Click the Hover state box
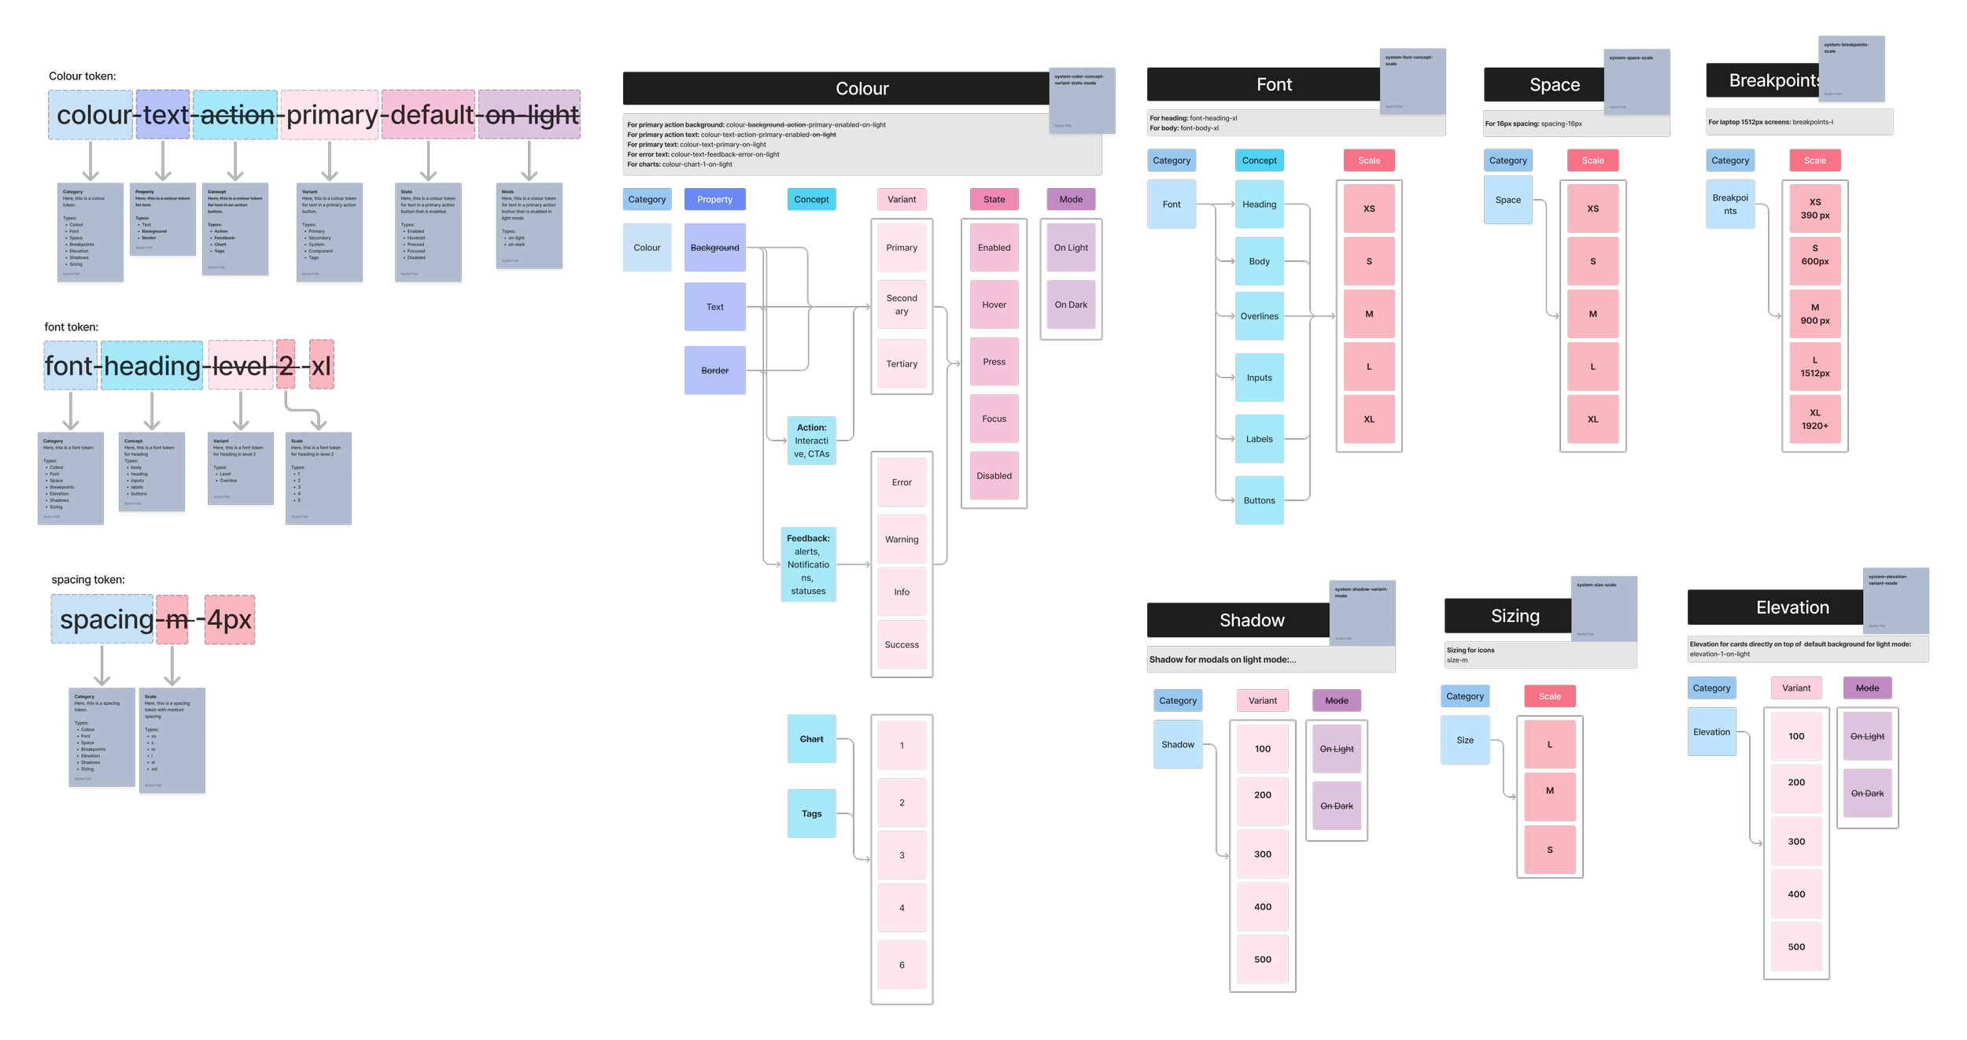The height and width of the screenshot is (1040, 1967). [x=994, y=304]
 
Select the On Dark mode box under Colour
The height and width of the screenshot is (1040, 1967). [x=1071, y=304]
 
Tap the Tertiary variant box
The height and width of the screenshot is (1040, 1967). [x=902, y=363]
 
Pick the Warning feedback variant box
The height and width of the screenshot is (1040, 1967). [x=902, y=540]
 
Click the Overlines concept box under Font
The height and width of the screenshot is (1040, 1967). [x=1259, y=316]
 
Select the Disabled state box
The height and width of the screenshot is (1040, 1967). [x=994, y=476]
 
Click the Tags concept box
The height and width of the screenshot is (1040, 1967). [x=811, y=813]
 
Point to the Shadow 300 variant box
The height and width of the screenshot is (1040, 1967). [x=1262, y=854]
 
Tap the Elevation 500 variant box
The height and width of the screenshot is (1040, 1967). [x=1795, y=946]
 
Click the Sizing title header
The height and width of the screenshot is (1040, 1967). [x=1515, y=616]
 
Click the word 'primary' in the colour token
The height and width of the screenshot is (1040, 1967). [x=330, y=115]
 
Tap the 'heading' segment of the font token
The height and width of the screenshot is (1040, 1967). [x=152, y=366]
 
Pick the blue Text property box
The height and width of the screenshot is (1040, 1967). [x=714, y=307]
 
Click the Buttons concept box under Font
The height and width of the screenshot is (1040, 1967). [x=1259, y=500]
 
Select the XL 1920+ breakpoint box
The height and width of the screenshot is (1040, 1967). [x=1814, y=419]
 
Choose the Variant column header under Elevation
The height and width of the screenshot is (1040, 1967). [x=1795, y=688]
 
